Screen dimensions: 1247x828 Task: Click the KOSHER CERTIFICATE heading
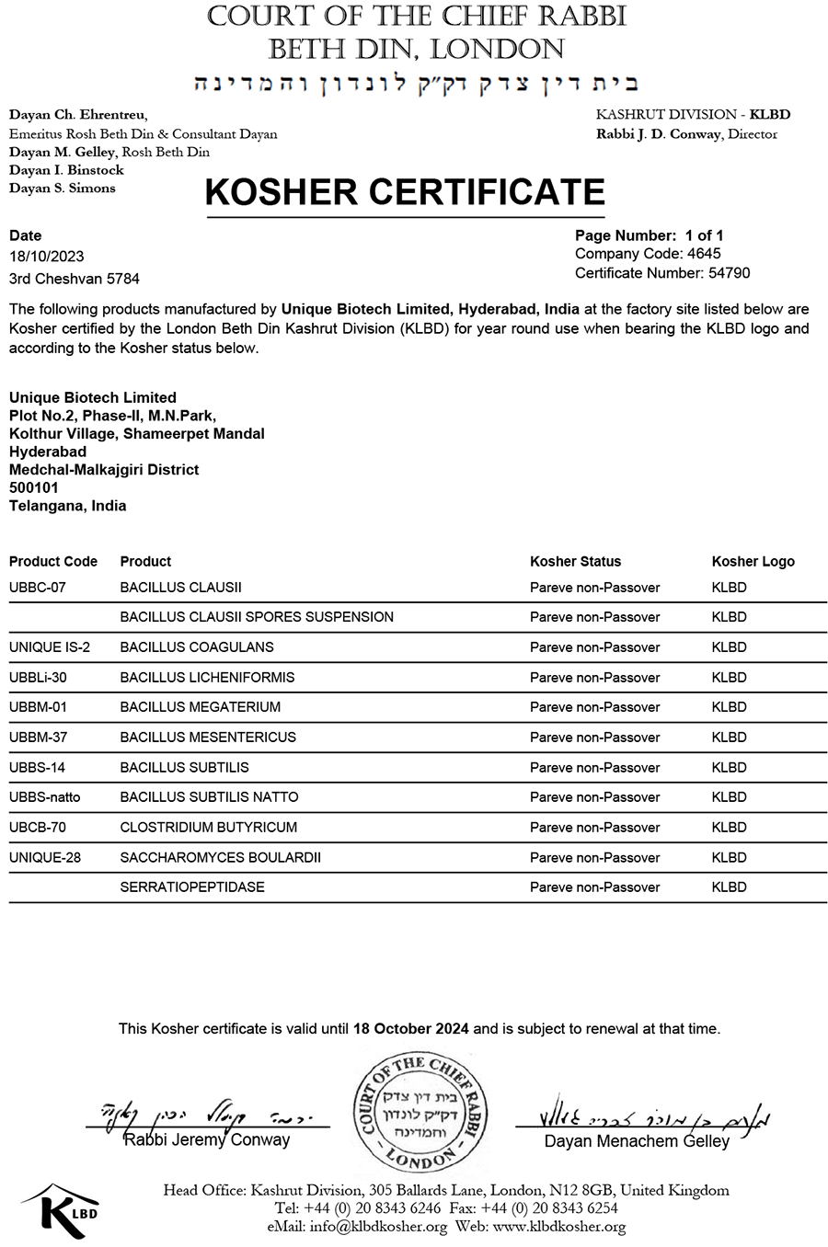coord(404,192)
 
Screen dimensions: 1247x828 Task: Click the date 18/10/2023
coord(46,257)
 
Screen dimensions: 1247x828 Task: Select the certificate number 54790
coord(729,273)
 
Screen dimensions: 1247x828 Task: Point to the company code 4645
coord(704,254)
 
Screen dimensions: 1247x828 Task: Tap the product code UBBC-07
coord(37,588)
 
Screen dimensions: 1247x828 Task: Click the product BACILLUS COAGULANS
coord(196,647)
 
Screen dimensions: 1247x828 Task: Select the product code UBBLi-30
coord(38,678)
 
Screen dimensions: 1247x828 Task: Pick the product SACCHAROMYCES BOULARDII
coord(220,858)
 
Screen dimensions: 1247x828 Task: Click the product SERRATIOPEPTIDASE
coord(191,887)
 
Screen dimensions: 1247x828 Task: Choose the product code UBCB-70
coord(37,828)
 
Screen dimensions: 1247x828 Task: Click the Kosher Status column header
coord(575,562)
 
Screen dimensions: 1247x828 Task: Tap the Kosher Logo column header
coord(753,562)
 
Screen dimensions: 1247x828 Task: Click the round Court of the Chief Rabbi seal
coord(420,1114)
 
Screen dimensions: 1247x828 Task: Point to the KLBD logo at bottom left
coord(63,1207)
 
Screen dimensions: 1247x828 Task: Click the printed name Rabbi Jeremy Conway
coord(207,1140)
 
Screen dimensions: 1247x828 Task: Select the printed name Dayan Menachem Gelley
coord(637,1141)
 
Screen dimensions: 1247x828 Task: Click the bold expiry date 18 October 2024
coord(410,1029)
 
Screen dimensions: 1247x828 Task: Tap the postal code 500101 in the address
coord(34,488)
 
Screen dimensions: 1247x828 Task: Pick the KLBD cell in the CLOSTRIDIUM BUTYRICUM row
coord(729,828)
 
